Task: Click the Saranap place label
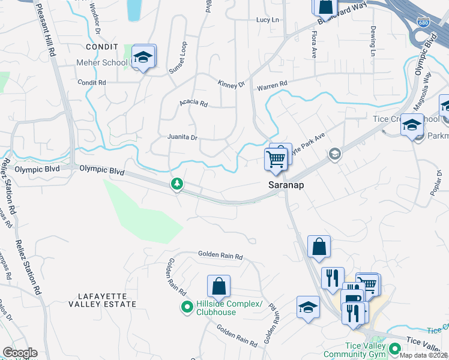pos(285,185)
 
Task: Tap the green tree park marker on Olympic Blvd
pos(177,184)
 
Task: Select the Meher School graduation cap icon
pos(143,57)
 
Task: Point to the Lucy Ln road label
pos(268,20)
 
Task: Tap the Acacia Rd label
pos(193,103)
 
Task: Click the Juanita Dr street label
pos(182,137)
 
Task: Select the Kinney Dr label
pos(231,84)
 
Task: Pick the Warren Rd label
pos(272,86)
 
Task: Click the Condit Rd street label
pos(91,82)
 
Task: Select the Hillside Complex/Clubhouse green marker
pos(187,308)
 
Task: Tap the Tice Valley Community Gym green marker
pos(394,349)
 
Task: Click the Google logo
pos(20,353)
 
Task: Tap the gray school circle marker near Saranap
pos(334,154)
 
